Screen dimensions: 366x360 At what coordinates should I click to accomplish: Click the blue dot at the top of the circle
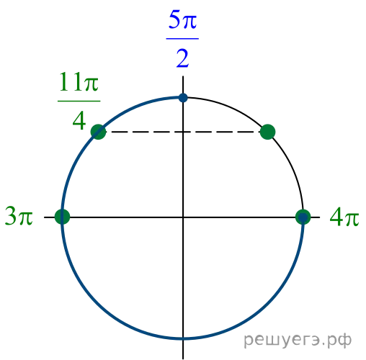click(x=183, y=98)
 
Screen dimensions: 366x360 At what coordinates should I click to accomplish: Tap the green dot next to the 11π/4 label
click(x=98, y=132)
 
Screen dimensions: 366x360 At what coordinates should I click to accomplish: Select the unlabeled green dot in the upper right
click(x=267, y=132)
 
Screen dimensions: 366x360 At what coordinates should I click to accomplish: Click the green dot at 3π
click(x=62, y=217)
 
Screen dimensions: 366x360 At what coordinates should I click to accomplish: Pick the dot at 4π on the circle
click(x=303, y=217)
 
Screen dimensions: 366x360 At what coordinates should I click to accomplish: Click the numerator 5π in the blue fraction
click(x=182, y=19)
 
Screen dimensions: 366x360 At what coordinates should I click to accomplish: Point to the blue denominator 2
click(x=182, y=58)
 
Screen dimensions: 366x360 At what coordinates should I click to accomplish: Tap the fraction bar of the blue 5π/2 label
click(x=182, y=38)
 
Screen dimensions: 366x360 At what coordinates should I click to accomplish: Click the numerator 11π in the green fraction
click(x=79, y=82)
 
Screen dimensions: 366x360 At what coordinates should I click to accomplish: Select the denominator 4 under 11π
click(x=79, y=121)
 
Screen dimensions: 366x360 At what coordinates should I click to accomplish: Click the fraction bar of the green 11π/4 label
click(x=79, y=101)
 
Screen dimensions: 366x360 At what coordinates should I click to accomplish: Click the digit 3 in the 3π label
click(x=11, y=216)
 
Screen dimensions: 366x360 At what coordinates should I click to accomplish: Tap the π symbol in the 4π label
click(x=351, y=219)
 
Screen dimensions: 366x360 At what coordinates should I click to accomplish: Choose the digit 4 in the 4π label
click(x=336, y=217)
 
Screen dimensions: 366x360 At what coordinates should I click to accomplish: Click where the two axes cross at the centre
click(x=183, y=217)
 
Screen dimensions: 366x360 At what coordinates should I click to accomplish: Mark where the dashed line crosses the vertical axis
click(x=183, y=132)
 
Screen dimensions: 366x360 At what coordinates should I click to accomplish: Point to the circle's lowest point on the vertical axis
click(x=183, y=338)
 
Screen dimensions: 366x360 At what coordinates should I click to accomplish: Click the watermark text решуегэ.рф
click(x=298, y=341)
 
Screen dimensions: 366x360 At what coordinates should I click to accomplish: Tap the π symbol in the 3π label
click(x=25, y=218)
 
